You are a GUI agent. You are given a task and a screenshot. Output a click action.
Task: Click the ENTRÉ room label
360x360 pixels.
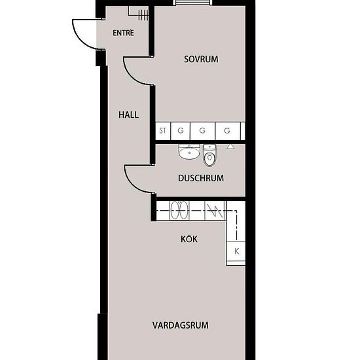pos(123,33)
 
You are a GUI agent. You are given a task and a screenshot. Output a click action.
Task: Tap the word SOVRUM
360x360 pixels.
pos(200,60)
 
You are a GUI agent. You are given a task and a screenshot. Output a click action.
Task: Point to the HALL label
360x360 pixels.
pos(128,115)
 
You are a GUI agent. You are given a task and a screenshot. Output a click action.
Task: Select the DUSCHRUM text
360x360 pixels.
pos(201,178)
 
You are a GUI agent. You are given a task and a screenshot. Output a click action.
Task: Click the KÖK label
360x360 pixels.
pos(189,239)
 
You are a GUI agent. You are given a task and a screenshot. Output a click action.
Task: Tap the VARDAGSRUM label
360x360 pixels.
pos(181,325)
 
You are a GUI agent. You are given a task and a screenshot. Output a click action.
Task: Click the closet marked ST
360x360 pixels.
pos(162,131)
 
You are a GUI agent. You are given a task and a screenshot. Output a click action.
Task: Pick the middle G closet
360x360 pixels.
pos(202,131)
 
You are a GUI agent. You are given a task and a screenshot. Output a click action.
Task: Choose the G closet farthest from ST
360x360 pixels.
pos(226,131)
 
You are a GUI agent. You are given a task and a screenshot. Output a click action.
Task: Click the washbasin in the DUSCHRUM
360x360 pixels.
pos(189,153)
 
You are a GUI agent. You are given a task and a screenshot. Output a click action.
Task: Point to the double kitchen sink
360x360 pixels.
pos(179,211)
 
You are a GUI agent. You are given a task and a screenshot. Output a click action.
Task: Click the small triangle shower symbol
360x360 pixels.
pos(230,147)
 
